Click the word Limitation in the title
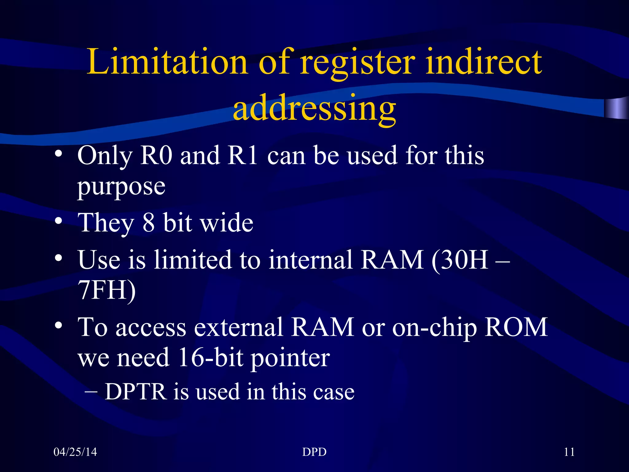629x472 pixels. (x=167, y=62)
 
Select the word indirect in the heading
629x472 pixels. (x=483, y=62)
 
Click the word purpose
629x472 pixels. (x=121, y=187)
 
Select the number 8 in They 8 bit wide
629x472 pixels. (x=148, y=223)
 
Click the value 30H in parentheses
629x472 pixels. (x=464, y=260)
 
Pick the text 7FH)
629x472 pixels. (x=107, y=290)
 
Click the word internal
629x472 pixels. (x=310, y=260)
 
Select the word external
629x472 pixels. (x=238, y=328)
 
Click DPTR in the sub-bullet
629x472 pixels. (x=135, y=392)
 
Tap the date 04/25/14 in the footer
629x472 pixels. (x=75, y=452)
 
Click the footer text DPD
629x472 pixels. (x=314, y=452)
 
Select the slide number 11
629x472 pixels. (x=569, y=452)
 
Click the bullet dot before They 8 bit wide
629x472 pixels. (x=59, y=221)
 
